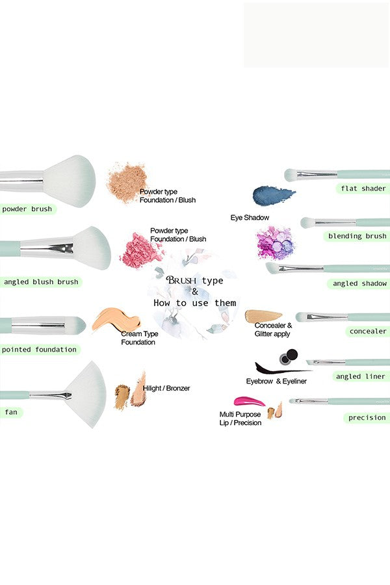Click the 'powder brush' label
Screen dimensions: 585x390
click(x=27, y=209)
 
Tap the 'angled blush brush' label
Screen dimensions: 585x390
click(x=40, y=282)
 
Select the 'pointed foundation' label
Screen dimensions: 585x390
click(x=39, y=350)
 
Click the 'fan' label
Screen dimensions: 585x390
click(x=11, y=412)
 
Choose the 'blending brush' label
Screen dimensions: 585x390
click(x=357, y=236)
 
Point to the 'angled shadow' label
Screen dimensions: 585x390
click(x=359, y=283)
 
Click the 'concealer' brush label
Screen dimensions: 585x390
click(x=367, y=331)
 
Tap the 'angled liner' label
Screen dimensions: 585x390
click(x=360, y=376)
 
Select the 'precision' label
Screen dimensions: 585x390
click(x=367, y=418)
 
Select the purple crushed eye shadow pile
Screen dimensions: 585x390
click(x=275, y=243)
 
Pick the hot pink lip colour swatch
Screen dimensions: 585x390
click(x=249, y=402)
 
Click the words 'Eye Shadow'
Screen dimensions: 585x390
click(x=250, y=217)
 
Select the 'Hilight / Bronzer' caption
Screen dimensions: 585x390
click(x=166, y=389)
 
